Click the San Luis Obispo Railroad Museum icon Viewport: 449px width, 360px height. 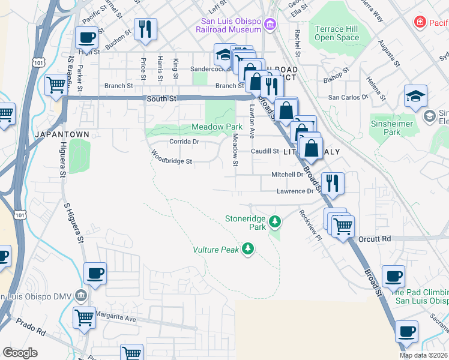[270, 24]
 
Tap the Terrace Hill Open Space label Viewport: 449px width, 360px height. [337, 33]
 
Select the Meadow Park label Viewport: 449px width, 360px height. [217, 127]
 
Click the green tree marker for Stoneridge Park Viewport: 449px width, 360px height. [275, 222]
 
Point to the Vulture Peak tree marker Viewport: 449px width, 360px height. [247, 249]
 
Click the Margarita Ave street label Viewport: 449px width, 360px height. [118, 319]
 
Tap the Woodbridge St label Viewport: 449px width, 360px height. [171, 161]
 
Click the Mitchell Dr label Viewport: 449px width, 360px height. [288, 175]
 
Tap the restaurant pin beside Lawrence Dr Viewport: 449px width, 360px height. [333, 182]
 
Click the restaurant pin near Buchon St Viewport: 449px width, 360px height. [145, 29]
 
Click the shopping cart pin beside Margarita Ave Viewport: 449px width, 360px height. [84, 317]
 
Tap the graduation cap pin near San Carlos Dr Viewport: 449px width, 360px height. [415, 97]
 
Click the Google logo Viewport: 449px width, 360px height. [20, 353]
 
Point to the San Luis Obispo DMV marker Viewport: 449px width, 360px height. [82, 296]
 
